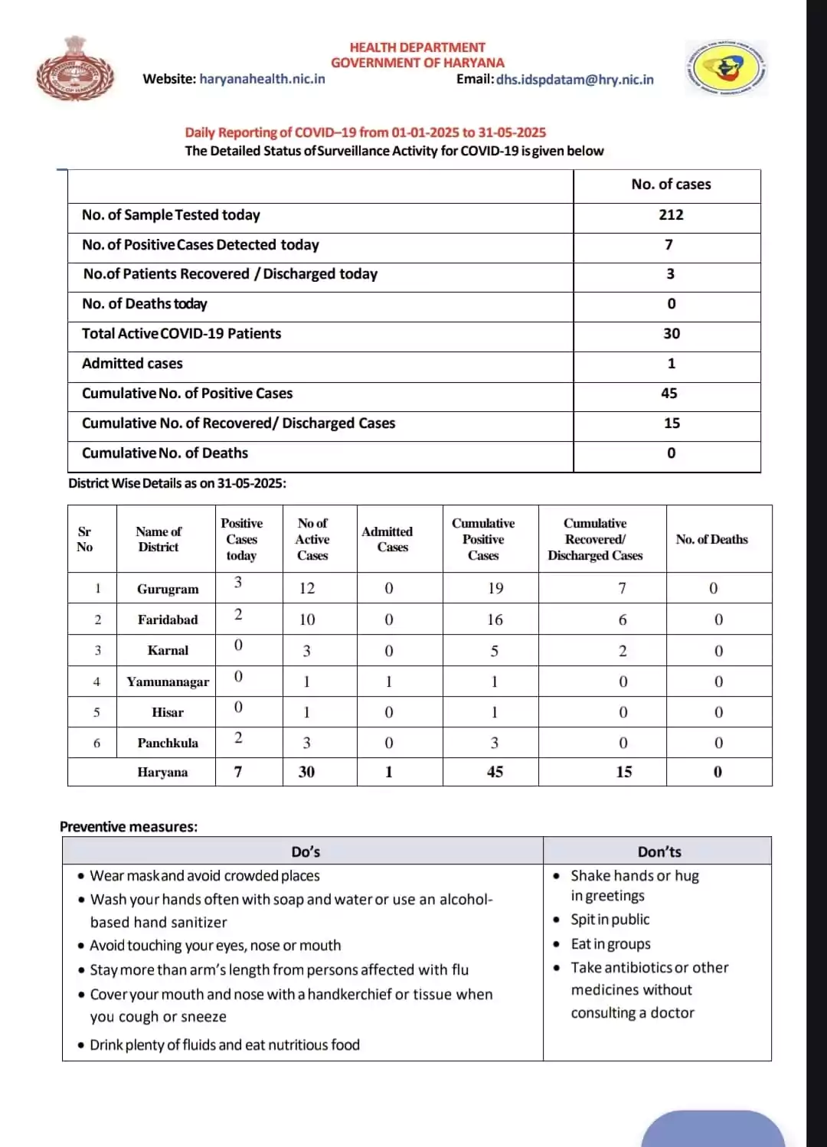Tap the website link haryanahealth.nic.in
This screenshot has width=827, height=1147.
coord(262,79)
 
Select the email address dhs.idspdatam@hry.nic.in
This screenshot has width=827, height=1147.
coord(574,80)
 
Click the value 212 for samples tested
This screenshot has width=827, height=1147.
coord(671,215)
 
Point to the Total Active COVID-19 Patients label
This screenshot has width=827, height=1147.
coord(181,334)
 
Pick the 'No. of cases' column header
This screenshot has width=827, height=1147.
coord(671,185)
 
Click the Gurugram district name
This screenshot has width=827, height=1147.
coord(168,589)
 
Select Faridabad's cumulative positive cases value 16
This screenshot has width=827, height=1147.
coord(495,619)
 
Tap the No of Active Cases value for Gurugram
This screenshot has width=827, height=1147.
coord(307,588)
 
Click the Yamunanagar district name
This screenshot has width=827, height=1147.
coord(168,681)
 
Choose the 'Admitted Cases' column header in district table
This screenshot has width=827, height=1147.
coord(387,539)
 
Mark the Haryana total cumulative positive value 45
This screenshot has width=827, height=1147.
coord(495,772)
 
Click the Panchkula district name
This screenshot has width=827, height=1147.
coord(168,743)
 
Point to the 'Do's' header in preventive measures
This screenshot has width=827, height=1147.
coord(306,851)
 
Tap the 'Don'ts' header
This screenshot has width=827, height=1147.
coord(659,851)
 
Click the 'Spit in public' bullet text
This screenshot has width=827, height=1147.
coord(610,920)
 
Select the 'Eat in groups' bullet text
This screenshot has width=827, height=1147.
coord(611,944)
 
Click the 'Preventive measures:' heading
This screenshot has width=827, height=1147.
coord(129,827)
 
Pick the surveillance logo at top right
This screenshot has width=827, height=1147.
coord(726,69)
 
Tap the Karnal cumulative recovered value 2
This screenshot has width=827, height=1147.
coord(623,651)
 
